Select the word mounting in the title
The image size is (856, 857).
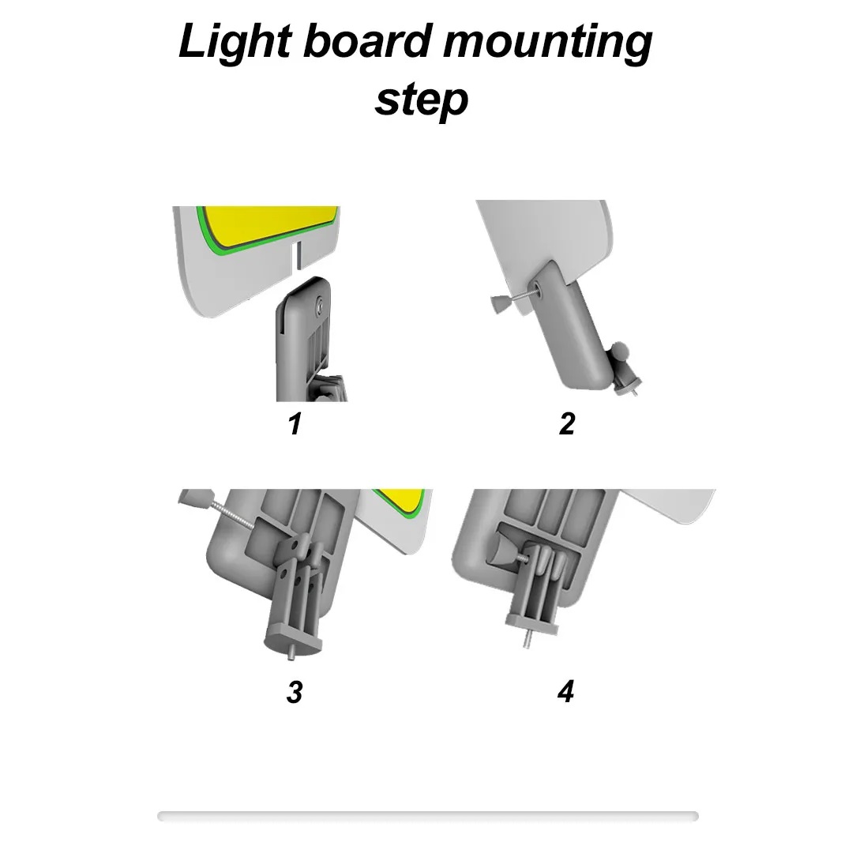(x=548, y=43)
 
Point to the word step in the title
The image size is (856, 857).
(x=421, y=100)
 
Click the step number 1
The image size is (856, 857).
(x=295, y=423)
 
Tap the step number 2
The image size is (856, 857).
(x=567, y=423)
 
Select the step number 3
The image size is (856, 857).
(x=295, y=692)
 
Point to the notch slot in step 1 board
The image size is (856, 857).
(x=296, y=257)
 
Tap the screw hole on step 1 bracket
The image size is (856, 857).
(x=319, y=304)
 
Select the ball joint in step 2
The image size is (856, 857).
(x=619, y=351)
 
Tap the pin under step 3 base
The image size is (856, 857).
(x=291, y=652)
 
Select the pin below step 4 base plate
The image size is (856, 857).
(x=527, y=640)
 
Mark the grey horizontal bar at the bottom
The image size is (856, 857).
(x=428, y=816)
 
